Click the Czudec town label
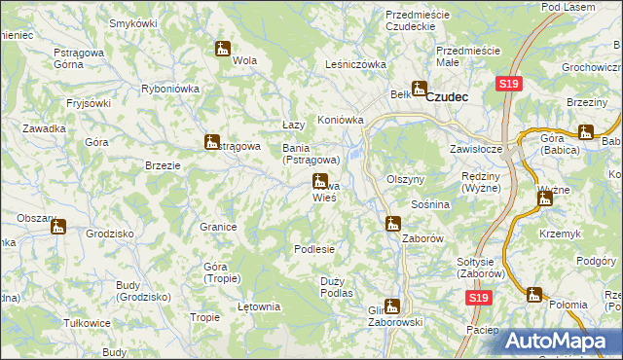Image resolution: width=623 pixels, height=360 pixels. point(448,96)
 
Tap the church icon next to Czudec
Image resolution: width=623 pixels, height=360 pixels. point(420,89)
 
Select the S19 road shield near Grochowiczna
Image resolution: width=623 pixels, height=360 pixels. point(507,85)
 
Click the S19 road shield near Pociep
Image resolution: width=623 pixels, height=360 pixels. point(476,300)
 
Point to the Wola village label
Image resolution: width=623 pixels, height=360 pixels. point(244,60)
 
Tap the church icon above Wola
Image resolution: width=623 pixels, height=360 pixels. point(222,48)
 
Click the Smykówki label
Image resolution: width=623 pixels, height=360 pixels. point(134,22)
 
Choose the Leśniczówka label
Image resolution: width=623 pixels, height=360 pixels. point(356,65)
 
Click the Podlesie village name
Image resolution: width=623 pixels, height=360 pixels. point(314,249)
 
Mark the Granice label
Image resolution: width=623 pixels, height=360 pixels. point(219,227)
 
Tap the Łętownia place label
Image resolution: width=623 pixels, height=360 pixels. point(259,306)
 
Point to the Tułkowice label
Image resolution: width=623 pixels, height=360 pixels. point(86,322)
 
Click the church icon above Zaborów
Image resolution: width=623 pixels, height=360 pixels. point(392,224)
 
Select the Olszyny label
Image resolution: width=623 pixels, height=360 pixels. point(405,180)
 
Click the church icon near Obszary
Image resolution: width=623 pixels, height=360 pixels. point(58,228)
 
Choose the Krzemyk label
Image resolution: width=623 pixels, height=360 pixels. point(565,234)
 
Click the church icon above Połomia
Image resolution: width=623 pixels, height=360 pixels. point(533,294)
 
